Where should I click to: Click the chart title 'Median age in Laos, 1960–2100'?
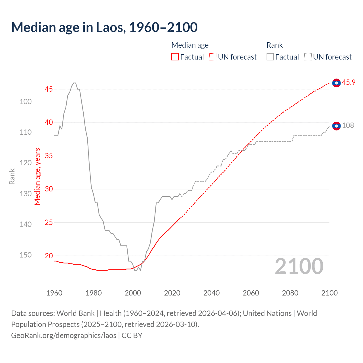point(104,27)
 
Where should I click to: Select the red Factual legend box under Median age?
point(175,57)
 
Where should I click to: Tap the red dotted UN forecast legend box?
point(213,57)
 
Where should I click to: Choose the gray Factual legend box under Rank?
point(270,57)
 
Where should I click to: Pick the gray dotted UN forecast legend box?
point(308,57)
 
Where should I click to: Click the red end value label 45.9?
point(349,83)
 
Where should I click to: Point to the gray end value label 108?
point(348,126)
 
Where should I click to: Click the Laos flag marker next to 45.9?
point(336,83)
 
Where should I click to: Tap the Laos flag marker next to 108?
point(336,126)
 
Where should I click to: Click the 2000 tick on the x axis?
point(133,293)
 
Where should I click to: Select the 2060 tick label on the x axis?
point(251,293)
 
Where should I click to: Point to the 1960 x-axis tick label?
point(54,293)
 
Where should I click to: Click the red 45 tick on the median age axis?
point(49,89)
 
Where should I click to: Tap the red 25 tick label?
point(49,222)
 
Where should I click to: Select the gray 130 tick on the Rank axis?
point(26,194)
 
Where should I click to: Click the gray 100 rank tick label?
point(26,102)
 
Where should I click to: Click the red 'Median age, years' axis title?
point(37,176)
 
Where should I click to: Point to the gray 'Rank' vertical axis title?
point(12,176)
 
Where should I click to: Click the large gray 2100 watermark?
point(299,266)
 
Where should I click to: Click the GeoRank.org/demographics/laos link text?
point(64,335)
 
